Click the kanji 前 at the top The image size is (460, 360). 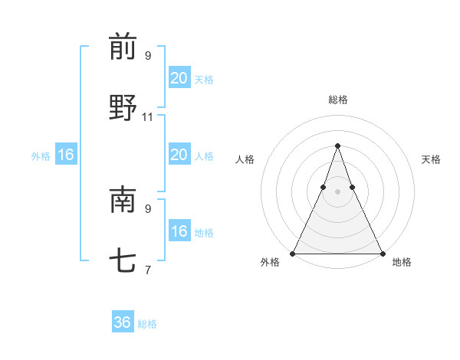[123, 47]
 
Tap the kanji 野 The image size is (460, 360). [123, 108]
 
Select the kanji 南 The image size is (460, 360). [123, 200]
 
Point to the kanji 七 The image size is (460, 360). [123, 261]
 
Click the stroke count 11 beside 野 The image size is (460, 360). [148, 117]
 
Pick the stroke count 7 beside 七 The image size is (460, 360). [148, 270]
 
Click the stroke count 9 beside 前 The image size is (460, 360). [148, 56]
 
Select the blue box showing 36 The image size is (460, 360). [123, 322]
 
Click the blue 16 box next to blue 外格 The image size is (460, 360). [66, 155]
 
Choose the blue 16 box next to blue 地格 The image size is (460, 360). [179, 231]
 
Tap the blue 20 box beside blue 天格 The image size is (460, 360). [179, 78]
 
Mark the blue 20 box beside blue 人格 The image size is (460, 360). [179, 155]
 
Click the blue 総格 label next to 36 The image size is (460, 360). [147, 324]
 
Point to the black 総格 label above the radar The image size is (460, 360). [338, 100]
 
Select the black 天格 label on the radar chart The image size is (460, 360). [431, 159]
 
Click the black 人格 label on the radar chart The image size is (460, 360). [245, 159]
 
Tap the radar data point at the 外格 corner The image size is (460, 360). [293, 253]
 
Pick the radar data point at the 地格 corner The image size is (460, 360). [382, 253]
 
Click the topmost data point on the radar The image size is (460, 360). [337, 146]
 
